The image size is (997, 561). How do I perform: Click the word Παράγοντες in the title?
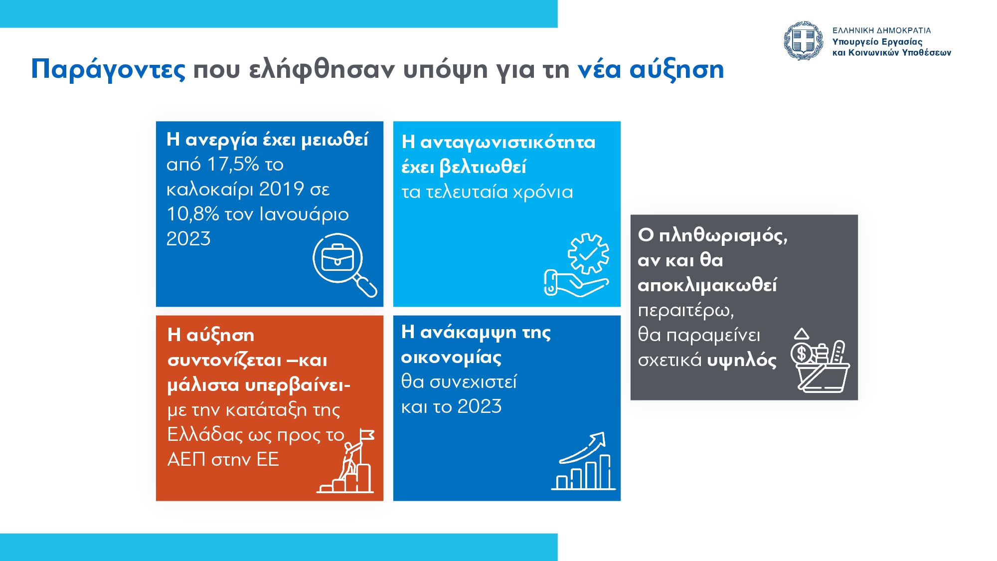point(108,69)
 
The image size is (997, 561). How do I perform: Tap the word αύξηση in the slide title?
point(676,69)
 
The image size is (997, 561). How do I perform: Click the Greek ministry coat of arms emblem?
point(803,41)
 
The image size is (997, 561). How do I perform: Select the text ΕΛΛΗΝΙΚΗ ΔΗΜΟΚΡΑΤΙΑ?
point(881,30)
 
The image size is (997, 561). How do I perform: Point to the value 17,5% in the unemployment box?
point(233,164)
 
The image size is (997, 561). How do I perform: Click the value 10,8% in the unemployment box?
point(192,214)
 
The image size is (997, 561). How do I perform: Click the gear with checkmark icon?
point(589,253)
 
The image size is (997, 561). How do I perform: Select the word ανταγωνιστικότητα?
point(508,143)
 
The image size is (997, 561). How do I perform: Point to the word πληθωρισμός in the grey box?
point(723,235)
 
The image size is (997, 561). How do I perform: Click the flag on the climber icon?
point(367,435)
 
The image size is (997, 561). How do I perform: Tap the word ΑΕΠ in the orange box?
point(186,459)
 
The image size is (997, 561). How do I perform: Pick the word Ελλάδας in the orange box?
point(205,434)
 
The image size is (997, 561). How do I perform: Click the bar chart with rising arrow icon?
point(583,461)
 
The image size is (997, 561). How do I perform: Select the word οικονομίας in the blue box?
point(451,357)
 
